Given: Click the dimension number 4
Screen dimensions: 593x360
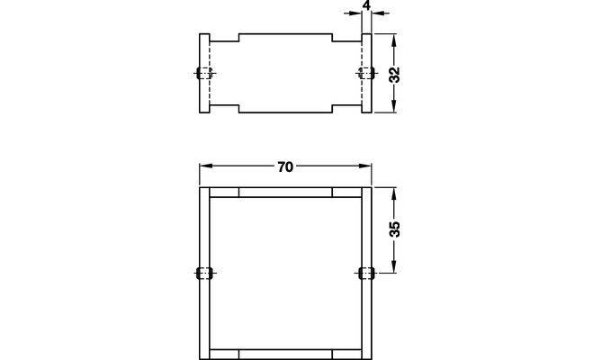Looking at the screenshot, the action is pyautogui.click(x=366, y=5).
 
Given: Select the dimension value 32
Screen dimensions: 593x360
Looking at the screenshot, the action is pyautogui.click(x=394, y=75).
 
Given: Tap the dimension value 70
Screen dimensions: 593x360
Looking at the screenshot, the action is pyautogui.click(x=285, y=166).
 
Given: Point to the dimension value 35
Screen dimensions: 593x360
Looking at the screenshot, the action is pyautogui.click(x=394, y=229).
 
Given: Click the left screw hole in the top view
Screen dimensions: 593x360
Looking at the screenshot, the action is pyautogui.click(x=204, y=73).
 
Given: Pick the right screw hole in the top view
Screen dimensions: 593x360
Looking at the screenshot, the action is pyautogui.click(x=366, y=73).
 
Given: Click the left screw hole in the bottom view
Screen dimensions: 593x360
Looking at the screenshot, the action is pyautogui.click(x=204, y=273).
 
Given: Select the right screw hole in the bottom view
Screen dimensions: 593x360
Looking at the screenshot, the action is pyautogui.click(x=366, y=273).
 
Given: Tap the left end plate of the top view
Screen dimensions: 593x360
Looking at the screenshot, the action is pyautogui.click(x=204, y=73).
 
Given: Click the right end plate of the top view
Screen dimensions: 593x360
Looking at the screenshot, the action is pyautogui.click(x=366, y=73).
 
